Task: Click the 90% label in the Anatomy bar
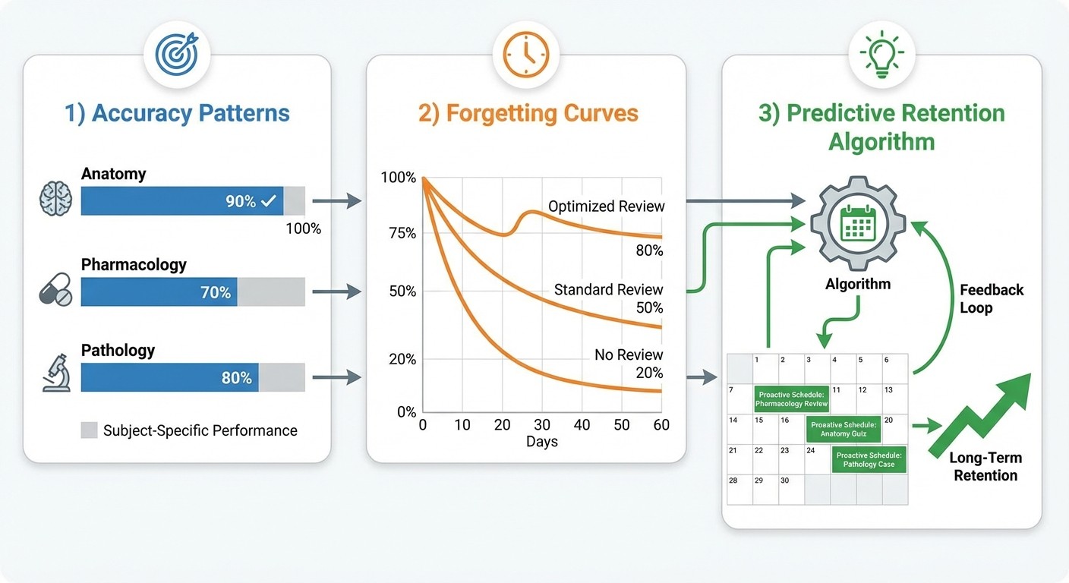click(241, 201)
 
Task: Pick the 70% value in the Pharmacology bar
click(216, 292)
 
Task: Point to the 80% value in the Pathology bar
click(236, 377)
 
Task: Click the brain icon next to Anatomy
click(55, 200)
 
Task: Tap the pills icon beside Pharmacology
click(55, 289)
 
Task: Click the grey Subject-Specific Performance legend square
click(90, 430)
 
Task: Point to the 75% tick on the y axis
click(402, 233)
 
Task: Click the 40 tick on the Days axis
click(582, 425)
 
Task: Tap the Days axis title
click(541, 442)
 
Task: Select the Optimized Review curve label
click(606, 206)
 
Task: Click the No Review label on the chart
click(629, 355)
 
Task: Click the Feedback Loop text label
click(992, 299)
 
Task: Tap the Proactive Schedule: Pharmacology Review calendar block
click(791, 399)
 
